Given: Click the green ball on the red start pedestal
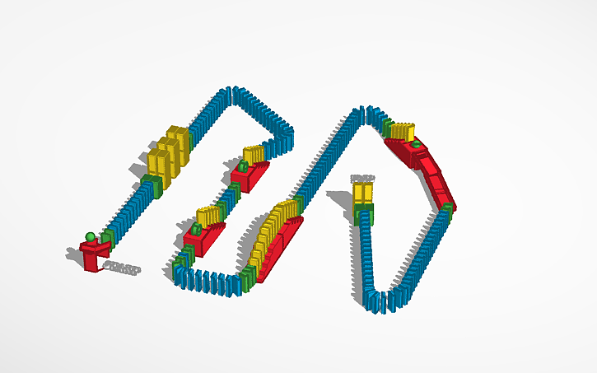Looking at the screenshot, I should point(90,237).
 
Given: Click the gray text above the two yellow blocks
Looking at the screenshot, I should point(362,178).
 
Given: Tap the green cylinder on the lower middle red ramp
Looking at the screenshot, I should point(198,227).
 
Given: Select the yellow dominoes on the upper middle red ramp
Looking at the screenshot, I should point(253,153).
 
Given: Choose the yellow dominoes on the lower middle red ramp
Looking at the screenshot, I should point(209,217).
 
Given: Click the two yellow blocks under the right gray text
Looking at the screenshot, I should point(363,196).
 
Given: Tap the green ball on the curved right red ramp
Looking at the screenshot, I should point(417,145).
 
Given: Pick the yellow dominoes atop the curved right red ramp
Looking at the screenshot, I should point(403,131).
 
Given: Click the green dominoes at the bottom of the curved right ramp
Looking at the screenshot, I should point(447,207).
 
